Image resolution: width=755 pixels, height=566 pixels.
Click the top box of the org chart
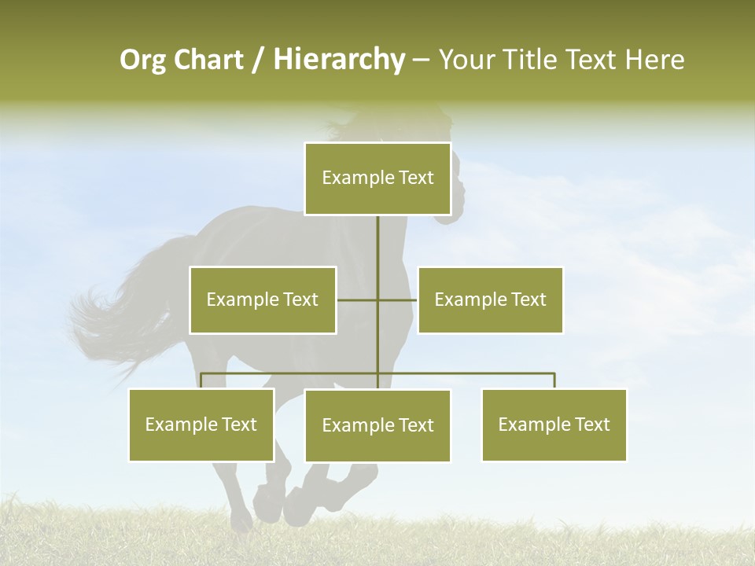(x=377, y=178)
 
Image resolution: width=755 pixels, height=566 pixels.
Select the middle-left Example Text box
(x=263, y=300)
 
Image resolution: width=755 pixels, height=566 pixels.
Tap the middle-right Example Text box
(x=490, y=300)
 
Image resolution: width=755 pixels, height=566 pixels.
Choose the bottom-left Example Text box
(x=201, y=424)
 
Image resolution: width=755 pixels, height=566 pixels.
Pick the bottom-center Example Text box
(x=377, y=425)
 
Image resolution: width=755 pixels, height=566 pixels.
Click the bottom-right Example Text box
(x=554, y=424)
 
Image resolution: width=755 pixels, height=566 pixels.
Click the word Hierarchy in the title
(x=339, y=60)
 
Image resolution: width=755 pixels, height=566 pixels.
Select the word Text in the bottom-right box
(x=591, y=424)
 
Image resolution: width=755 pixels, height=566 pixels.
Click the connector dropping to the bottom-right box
(x=554, y=380)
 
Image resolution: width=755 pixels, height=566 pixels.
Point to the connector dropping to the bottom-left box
(x=201, y=380)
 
